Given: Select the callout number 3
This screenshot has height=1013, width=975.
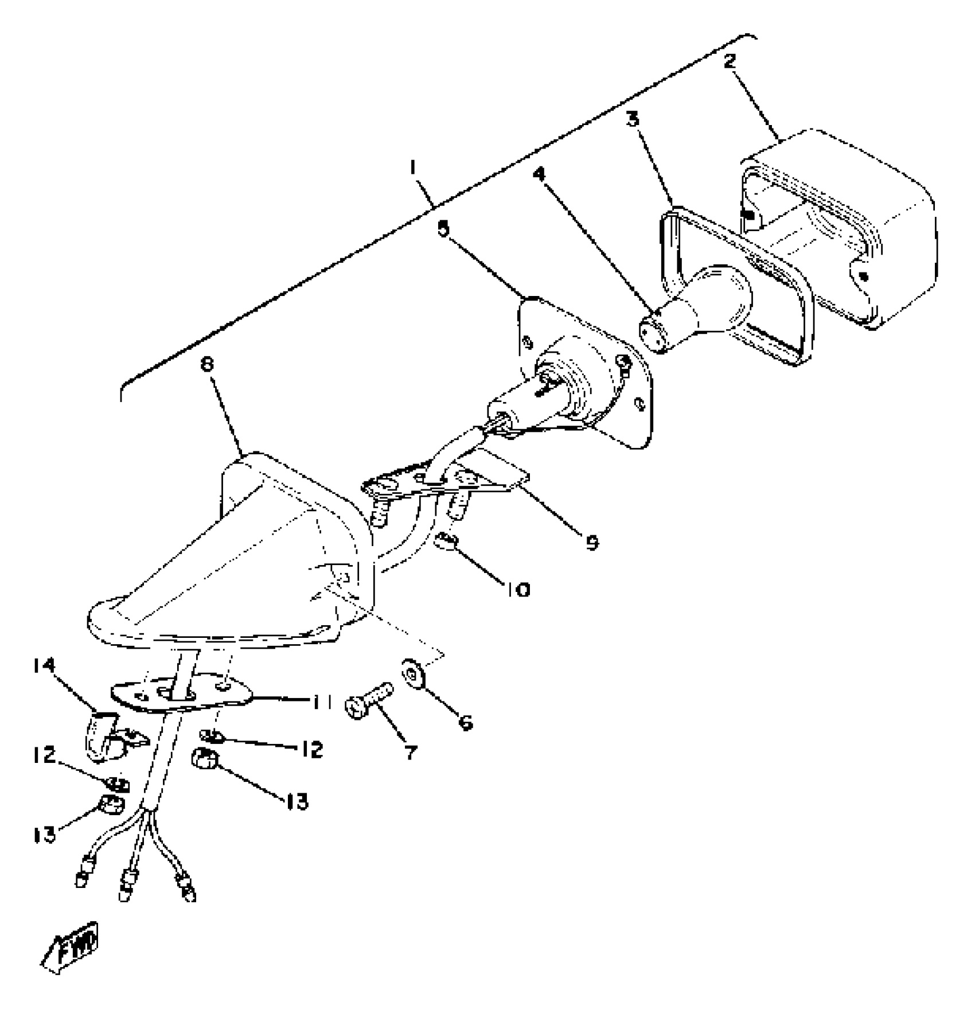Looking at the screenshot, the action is tap(633, 119).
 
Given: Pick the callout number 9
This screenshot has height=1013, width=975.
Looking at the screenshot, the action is tap(592, 541).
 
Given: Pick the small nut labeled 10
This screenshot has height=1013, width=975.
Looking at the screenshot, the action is tap(446, 539).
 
